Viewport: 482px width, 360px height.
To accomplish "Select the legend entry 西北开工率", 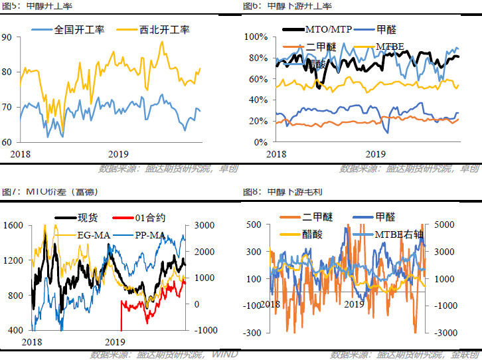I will [164, 30].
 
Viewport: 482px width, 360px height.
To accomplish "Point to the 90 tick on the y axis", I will [7, 37].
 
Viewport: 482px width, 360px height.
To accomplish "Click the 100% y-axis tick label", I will [256, 37].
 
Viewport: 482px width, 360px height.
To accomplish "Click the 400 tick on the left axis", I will [15, 330].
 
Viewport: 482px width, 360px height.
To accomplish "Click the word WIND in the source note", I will [224, 354].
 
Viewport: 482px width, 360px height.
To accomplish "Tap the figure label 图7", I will [10, 192].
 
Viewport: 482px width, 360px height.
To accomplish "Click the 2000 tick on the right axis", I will [203, 252].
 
